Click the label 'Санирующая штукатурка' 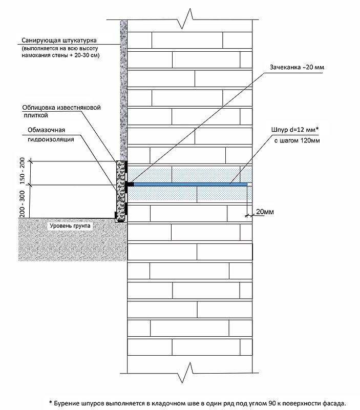coord(59,40)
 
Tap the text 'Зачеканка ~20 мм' coord(297,67)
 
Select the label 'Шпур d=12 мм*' coord(295,130)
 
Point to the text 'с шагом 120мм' coord(297,140)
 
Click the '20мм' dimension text coord(265,212)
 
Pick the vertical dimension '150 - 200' coord(23,171)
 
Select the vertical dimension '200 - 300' coord(23,204)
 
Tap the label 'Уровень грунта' coord(70,226)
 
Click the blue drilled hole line coord(190,184)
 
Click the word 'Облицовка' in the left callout coord(38,108)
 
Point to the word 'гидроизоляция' coord(51,139)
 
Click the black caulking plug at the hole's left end coord(130,184)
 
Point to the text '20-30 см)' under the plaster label coord(87,55)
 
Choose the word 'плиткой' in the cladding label coord(36,115)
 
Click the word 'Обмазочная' coord(46,130)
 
